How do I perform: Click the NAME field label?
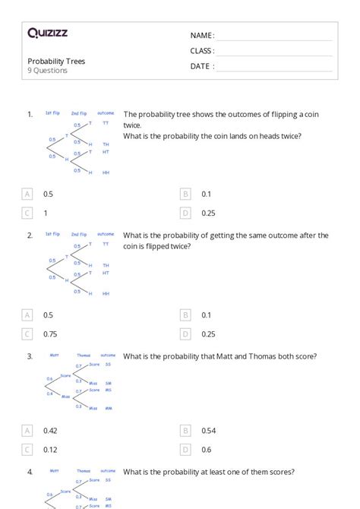(x=201, y=36)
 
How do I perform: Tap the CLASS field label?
(x=202, y=51)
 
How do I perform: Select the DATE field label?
(x=201, y=66)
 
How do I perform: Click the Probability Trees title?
(x=56, y=61)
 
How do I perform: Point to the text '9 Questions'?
(x=47, y=71)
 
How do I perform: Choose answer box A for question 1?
(x=28, y=194)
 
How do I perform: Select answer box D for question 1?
(x=185, y=213)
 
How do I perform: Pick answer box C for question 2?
(x=28, y=334)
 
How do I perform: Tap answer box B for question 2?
(x=185, y=315)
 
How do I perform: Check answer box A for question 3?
(x=28, y=431)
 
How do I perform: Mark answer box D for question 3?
(x=185, y=450)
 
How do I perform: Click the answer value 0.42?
(x=50, y=431)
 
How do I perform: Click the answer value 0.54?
(x=209, y=431)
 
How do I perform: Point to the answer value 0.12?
(x=50, y=450)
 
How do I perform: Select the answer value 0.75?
(x=50, y=334)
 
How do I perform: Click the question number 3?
(x=30, y=356)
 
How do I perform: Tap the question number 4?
(x=30, y=472)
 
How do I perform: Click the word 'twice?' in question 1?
(x=289, y=136)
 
